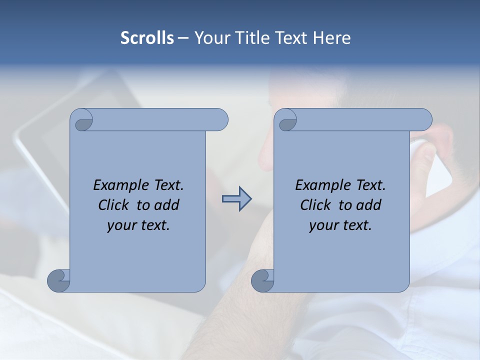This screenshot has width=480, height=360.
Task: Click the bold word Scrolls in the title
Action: (147, 38)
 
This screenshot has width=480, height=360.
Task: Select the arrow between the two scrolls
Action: (236, 199)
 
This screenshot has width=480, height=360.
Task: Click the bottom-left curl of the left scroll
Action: (58, 280)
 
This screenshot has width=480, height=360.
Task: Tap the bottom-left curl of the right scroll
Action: (262, 280)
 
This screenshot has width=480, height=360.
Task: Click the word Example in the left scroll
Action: (122, 185)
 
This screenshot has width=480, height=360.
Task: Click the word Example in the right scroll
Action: (324, 185)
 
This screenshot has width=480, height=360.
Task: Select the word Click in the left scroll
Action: (114, 205)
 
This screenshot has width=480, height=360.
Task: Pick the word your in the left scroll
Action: (121, 225)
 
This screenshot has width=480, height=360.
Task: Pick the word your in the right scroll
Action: (323, 225)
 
